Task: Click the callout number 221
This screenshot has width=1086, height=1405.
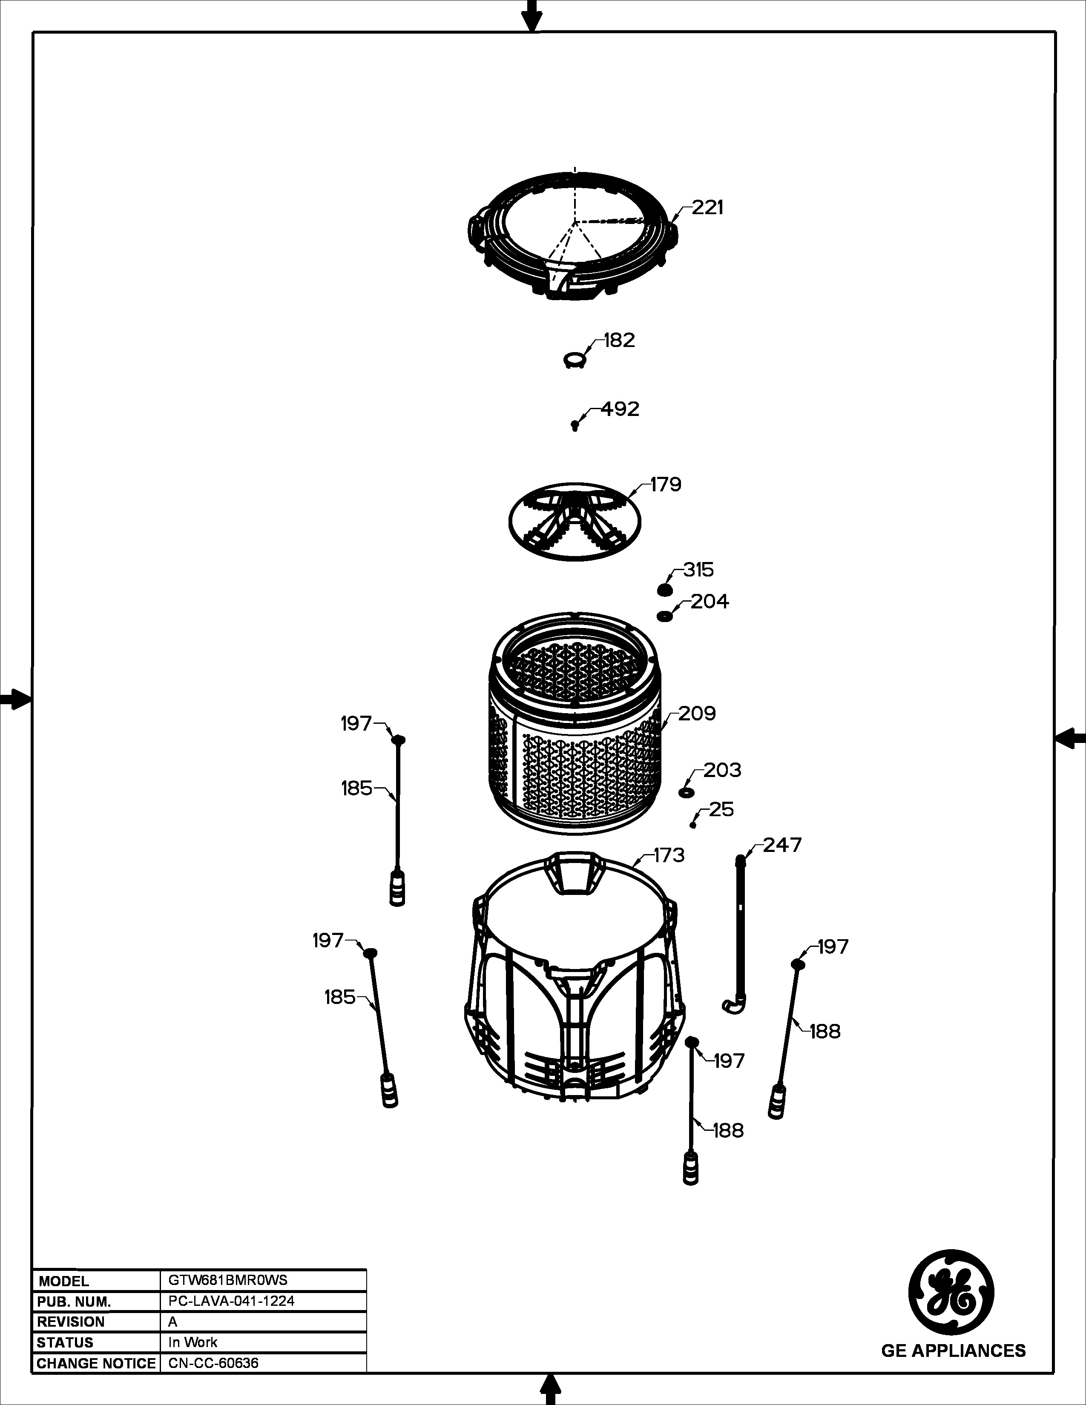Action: [x=708, y=208]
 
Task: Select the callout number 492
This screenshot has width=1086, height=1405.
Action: [x=620, y=409]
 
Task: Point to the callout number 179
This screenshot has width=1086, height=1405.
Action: [x=665, y=485]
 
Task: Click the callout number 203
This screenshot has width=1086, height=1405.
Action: [x=722, y=770]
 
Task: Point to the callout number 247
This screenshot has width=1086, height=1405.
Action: [x=783, y=845]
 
